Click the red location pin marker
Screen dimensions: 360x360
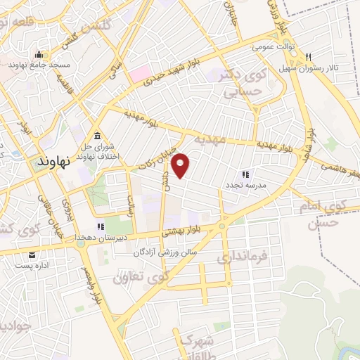(181, 164)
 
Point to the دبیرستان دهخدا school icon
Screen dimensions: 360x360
(100, 226)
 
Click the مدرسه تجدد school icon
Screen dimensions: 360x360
(245, 174)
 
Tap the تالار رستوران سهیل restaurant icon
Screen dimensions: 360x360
(317, 58)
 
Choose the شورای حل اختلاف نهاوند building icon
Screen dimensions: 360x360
(96, 136)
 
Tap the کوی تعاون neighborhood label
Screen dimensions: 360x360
(148, 276)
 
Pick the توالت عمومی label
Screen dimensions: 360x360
(271, 47)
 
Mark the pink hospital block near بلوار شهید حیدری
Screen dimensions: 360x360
(138, 73)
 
